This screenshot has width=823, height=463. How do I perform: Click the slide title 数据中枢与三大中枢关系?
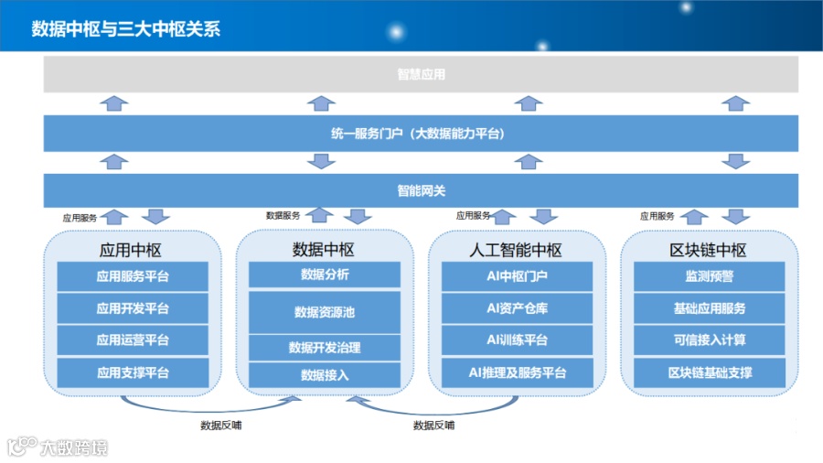(125, 28)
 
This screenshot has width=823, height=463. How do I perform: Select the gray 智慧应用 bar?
(421, 74)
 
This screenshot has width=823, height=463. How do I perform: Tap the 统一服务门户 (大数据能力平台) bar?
(421, 134)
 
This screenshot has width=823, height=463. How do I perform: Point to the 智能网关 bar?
(421, 191)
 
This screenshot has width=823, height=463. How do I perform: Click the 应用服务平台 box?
(133, 276)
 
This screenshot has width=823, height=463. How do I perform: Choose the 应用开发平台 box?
(133, 308)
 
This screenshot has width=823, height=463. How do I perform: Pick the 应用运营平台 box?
(133, 340)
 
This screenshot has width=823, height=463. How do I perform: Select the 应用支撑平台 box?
(133, 372)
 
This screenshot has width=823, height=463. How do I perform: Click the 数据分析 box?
(325, 275)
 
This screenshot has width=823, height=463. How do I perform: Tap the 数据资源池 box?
(325, 312)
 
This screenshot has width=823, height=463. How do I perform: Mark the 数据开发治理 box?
(325, 348)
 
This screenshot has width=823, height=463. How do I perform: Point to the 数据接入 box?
(325, 374)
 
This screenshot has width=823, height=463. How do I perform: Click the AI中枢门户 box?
(518, 276)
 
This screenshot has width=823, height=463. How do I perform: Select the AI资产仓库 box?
(518, 308)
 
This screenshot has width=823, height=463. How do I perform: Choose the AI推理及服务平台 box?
(518, 372)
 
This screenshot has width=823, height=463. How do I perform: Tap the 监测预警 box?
(709, 276)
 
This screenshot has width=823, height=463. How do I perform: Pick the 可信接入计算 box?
(709, 340)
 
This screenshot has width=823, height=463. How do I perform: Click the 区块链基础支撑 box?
(709, 372)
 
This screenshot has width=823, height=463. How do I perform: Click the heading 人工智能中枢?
(518, 250)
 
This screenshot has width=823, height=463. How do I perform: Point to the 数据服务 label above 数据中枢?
(283, 216)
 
